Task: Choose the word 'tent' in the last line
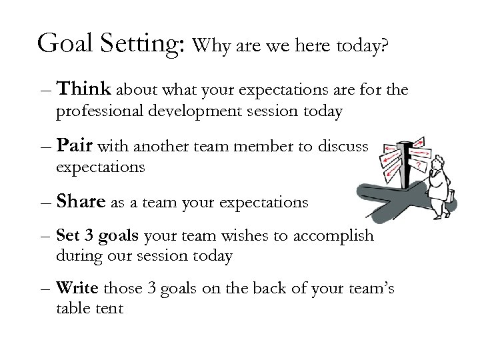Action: (109, 309)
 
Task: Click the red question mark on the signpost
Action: (418, 164)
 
